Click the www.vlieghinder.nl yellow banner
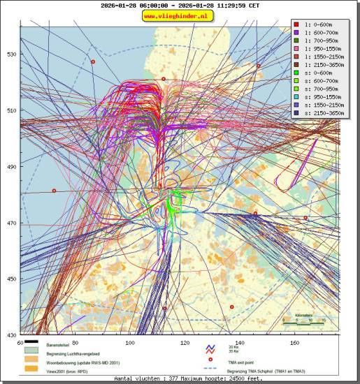(x=180, y=15)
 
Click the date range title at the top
(x=180, y=5)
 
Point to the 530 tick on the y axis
(x=11, y=54)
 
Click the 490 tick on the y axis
(x=11, y=167)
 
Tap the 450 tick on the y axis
(x=11, y=279)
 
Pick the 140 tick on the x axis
(x=240, y=343)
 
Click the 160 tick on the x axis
(x=295, y=343)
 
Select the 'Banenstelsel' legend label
(x=59, y=346)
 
